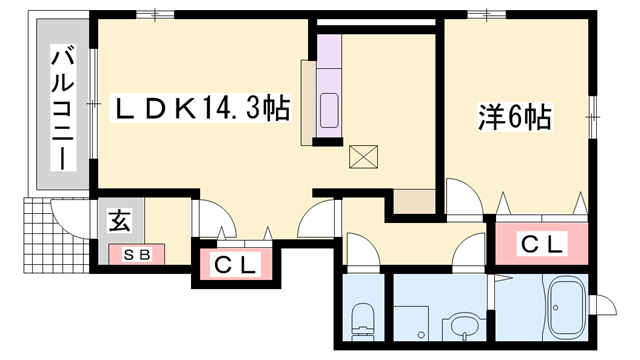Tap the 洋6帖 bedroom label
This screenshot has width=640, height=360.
[513, 117]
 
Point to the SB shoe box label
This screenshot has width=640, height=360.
[137, 254]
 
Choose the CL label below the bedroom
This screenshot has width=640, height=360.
[541, 243]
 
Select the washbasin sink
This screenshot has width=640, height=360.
[461, 324]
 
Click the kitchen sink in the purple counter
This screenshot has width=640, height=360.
[330, 106]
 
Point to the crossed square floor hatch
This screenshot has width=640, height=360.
[361, 156]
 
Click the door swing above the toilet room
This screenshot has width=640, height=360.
[360, 252]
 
